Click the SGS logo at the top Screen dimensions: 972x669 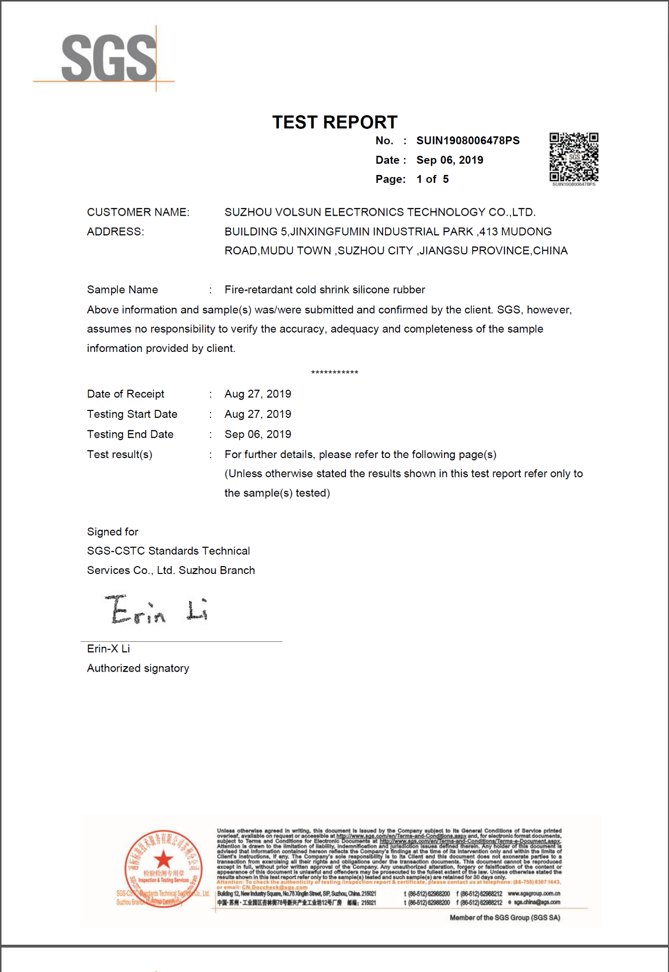109,58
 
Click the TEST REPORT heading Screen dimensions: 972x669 334,122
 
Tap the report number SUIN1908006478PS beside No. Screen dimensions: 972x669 468,141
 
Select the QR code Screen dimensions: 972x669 573,157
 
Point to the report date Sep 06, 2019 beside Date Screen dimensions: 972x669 449,160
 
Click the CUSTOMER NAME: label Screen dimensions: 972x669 138,212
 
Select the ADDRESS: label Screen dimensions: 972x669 115,231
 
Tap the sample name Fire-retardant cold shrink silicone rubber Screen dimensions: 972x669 325,289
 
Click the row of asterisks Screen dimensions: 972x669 334,372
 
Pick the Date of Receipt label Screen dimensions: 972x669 125,394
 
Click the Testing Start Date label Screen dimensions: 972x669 132,414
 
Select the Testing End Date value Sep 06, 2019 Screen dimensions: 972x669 258,434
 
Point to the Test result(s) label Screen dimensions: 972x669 119,455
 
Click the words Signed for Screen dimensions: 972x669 112,532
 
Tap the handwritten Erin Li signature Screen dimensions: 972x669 157,609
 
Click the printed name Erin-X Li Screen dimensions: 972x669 109,649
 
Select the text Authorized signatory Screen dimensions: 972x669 138,668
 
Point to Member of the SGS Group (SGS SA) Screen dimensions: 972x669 504,917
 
